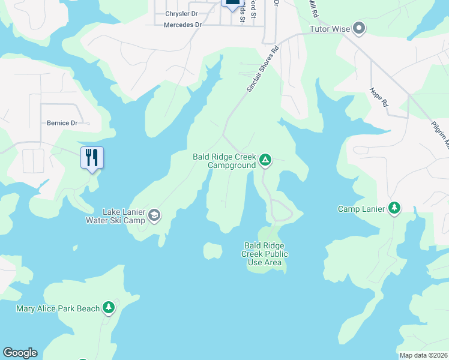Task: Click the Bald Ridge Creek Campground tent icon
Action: [x=265, y=160]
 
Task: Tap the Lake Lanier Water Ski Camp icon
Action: [x=154, y=215]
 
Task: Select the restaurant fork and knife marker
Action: [x=92, y=158]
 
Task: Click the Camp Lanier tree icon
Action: [x=394, y=208]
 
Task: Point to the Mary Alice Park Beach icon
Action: [x=109, y=308]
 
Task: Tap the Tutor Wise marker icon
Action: [x=359, y=28]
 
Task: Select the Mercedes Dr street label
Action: [x=182, y=25]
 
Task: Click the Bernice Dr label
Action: [x=62, y=123]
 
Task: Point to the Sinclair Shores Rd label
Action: [x=263, y=70]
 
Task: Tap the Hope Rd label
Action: [x=379, y=97]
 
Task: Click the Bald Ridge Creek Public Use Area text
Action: [x=265, y=254]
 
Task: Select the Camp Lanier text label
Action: [x=361, y=209]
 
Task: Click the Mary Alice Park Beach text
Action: [x=58, y=308]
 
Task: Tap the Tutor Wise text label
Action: [x=329, y=29]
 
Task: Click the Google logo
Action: [x=20, y=353]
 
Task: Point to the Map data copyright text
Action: [x=424, y=355]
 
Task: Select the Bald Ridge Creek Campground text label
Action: [x=224, y=161]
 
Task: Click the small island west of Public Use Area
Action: [x=212, y=250]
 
